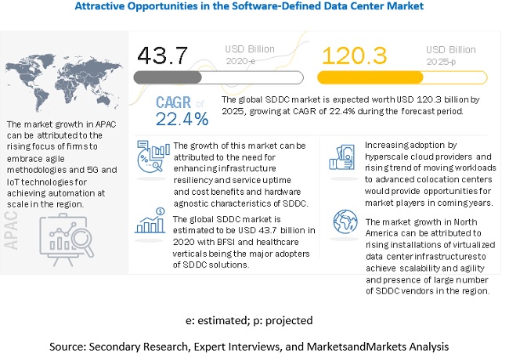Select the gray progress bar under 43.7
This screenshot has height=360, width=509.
(219, 77)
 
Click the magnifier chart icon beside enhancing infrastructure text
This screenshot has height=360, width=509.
(148, 153)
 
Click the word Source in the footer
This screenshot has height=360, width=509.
(68, 344)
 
